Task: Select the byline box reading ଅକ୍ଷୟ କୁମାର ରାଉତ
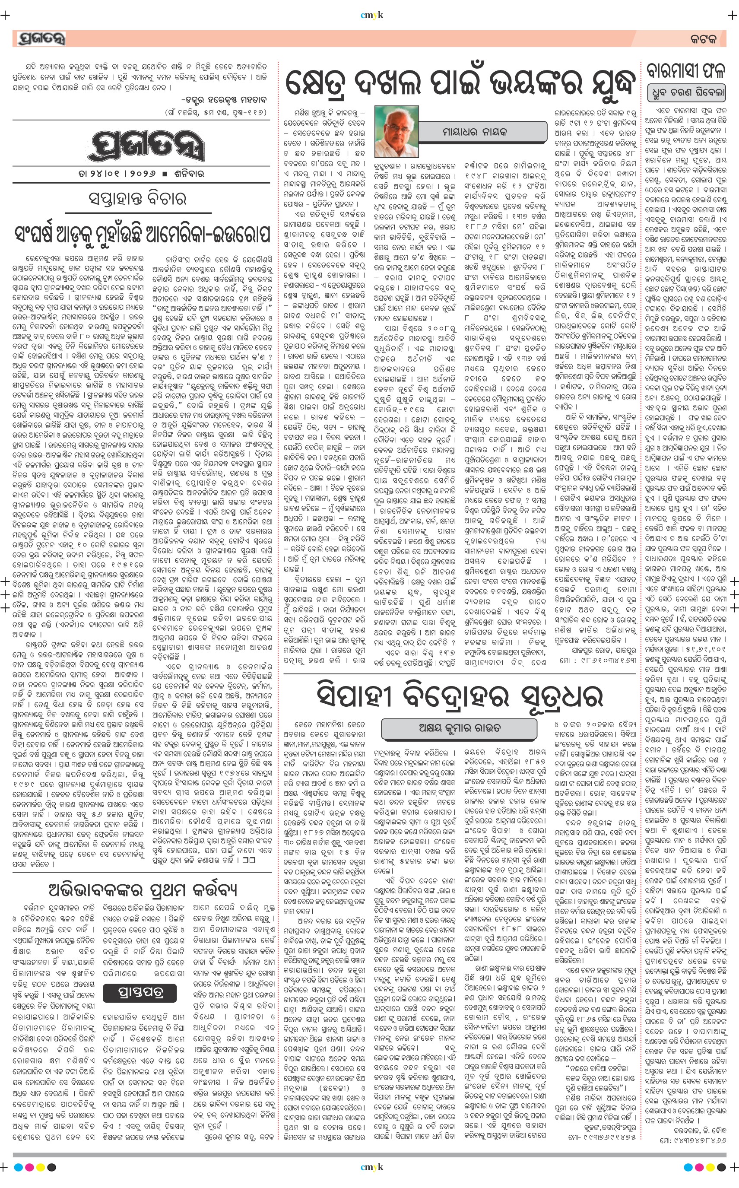[460, 727]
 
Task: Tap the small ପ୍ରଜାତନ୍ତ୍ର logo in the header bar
[41, 38]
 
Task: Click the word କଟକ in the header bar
[704, 39]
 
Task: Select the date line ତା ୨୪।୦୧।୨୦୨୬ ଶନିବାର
[141, 174]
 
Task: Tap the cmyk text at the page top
[371, 15]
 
